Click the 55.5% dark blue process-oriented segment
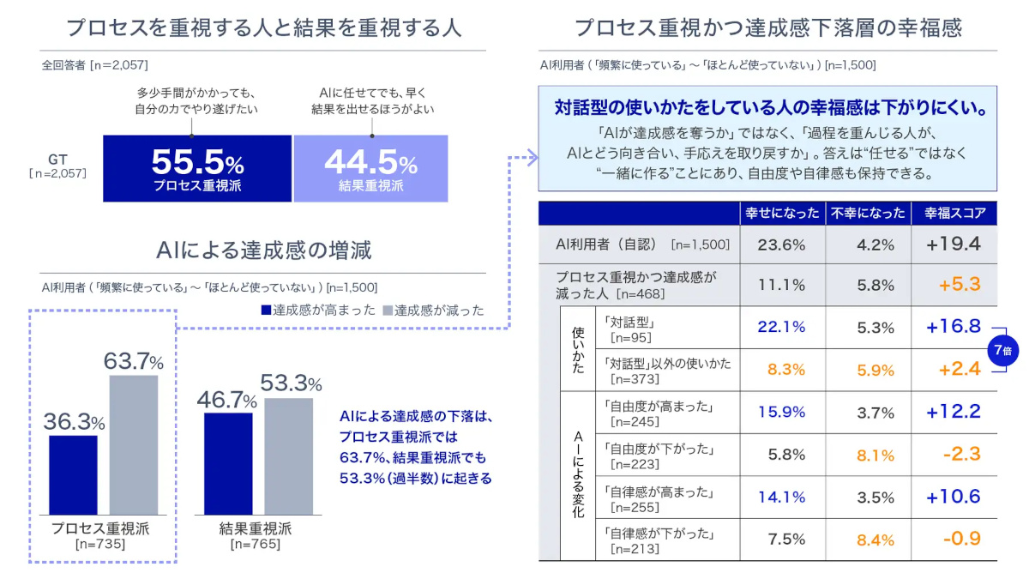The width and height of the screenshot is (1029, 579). point(197,168)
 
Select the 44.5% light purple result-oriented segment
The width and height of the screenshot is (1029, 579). point(370,168)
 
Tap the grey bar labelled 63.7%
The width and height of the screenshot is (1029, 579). point(134,445)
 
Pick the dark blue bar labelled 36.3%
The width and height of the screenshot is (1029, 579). point(73,475)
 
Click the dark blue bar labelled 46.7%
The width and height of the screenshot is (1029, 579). point(228,464)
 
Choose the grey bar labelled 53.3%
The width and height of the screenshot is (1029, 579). point(288,456)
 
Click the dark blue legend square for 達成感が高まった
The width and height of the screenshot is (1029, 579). point(266,311)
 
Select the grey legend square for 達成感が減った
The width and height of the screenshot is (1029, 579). point(388,311)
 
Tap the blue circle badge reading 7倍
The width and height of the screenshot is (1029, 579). point(1002,351)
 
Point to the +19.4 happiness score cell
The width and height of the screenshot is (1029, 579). point(954,244)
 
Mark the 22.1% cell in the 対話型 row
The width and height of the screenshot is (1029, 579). point(782,327)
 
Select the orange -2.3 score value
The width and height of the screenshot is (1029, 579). point(961,454)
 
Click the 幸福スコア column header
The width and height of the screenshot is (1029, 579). point(954,214)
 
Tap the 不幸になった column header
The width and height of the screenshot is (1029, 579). point(868,214)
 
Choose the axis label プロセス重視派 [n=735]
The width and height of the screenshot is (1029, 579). point(100,536)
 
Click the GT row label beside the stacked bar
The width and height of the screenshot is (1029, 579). point(58,166)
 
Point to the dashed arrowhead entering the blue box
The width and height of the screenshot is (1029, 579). point(533,157)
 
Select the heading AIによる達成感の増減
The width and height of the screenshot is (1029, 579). point(263,250)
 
